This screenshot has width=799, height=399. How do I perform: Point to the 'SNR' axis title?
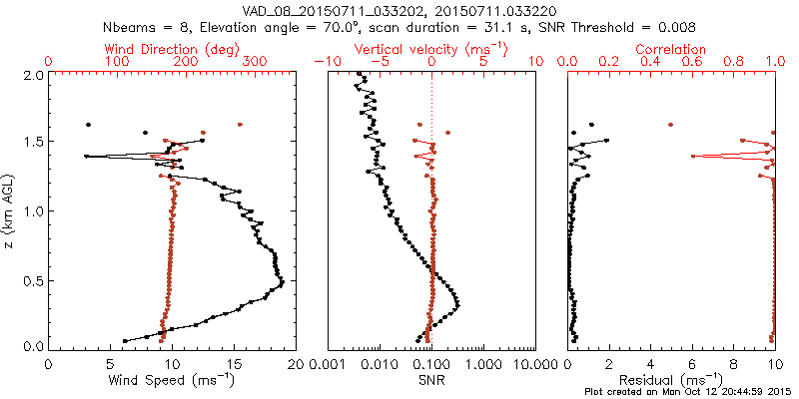point(431,379)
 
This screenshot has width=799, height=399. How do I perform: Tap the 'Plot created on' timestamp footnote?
point(689,392)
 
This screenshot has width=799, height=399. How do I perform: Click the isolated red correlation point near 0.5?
point(670,125)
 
